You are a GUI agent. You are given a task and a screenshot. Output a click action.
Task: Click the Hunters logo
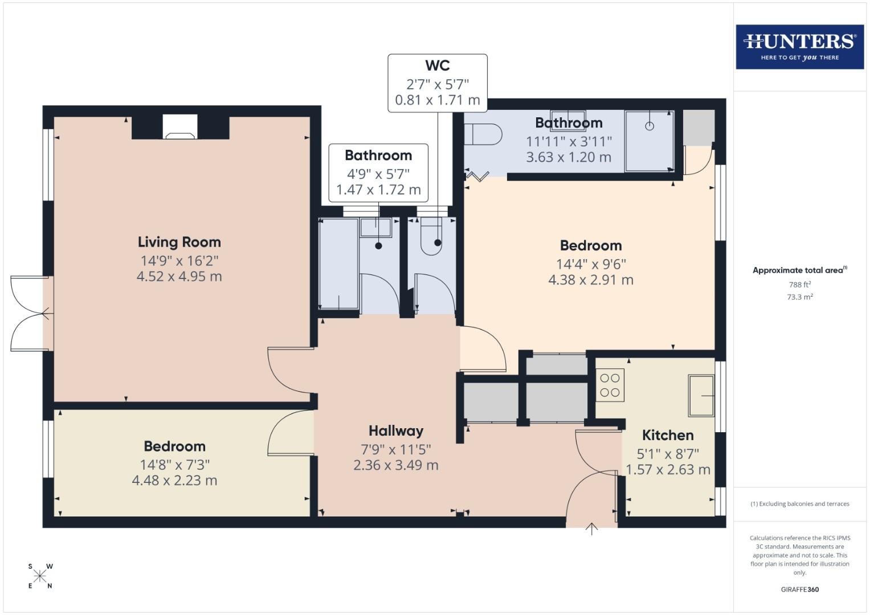click(800, 47)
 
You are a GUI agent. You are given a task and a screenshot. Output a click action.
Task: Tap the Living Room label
click(179, 242)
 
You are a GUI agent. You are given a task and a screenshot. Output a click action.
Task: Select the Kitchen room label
click(668, 435)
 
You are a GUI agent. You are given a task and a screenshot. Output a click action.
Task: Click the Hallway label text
click(396, 430)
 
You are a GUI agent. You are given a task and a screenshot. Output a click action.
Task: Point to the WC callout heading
click(438, 65)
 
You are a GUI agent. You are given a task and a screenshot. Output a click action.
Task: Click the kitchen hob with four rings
click(610, 385)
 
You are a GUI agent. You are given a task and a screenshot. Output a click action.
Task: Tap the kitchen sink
click(701, 395)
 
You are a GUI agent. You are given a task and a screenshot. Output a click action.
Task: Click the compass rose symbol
click(40, 576)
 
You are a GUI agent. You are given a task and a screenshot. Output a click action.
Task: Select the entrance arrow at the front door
click(591, 529)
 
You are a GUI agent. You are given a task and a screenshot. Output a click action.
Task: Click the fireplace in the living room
click(180, 127)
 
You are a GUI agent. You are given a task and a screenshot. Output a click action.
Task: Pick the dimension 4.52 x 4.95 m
click(179, 276)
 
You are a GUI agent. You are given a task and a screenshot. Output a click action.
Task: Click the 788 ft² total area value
click(800, 285)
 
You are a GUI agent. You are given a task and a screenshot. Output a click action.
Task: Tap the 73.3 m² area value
click(800, 297)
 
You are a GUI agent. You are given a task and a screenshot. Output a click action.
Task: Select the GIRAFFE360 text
click(800, 589)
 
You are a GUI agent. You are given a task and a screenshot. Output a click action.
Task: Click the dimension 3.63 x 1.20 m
click(569, 157)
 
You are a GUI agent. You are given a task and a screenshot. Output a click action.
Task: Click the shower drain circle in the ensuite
click(650, 126)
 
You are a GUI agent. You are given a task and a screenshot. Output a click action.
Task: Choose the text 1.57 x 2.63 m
click(668, 470)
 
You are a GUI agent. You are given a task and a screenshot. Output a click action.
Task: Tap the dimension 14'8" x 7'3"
click(175, 465)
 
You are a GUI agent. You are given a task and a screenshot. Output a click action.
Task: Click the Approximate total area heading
click(800, 270)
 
